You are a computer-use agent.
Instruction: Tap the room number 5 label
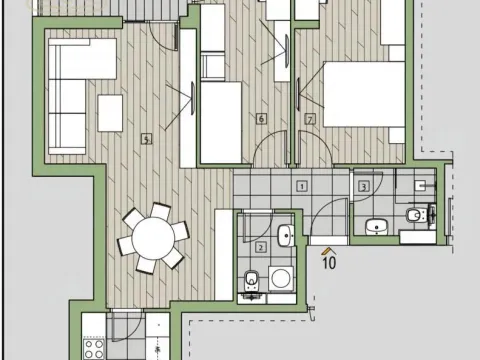(147, 140)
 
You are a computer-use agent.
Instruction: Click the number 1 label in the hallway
(301, 186)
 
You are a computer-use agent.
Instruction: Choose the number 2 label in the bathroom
(261, 246)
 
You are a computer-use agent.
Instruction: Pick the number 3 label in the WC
(364, 186)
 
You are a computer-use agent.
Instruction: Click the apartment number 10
(327, 262)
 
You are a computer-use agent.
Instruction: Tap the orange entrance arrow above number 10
(327, 245)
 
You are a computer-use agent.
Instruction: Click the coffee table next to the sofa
(110, 107)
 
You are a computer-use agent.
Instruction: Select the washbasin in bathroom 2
(284, 237)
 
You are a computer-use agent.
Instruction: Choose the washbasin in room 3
(376, 225)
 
